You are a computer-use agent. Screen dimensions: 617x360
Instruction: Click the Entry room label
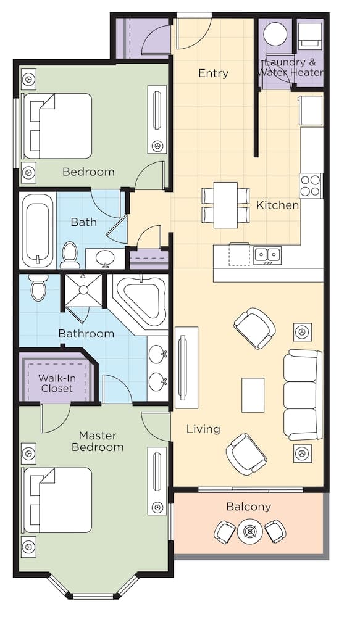pos(213,73)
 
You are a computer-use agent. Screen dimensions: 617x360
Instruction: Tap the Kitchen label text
pos(277,205)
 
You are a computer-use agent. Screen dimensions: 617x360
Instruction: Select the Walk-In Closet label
pos(57,383)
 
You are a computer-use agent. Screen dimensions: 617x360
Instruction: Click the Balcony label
pos(248,507)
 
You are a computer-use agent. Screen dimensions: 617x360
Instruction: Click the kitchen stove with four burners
pos(311,184)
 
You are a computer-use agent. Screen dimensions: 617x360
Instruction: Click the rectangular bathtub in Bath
pos(38,229)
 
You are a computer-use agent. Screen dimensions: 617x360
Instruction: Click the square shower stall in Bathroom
pos(83,291)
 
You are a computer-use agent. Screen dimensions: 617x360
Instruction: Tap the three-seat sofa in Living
pos(302,394)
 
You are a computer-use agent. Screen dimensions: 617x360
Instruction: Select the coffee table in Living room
pos(253,395)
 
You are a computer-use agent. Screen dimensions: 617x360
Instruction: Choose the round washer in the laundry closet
pos(276,36)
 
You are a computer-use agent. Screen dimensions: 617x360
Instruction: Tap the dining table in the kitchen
pos(225,203)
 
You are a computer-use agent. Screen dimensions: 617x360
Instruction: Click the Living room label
pos(203,429)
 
